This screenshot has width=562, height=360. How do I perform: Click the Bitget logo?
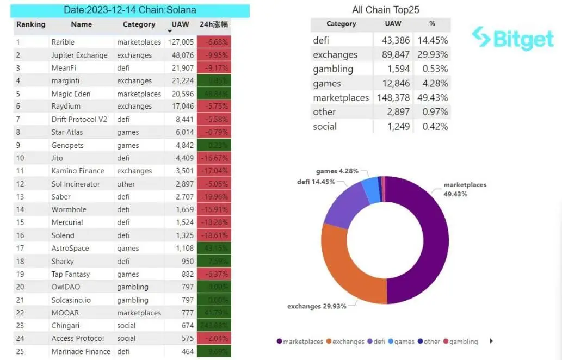512,38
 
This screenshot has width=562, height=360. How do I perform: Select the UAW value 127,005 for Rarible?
181,42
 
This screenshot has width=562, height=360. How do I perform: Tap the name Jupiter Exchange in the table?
79,55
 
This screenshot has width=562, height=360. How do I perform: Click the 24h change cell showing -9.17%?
214,68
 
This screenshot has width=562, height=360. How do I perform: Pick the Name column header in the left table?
82,24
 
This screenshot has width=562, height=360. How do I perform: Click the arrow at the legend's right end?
492,341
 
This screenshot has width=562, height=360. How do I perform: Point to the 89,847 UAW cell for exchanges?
393,54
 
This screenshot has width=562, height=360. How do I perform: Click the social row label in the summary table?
325,127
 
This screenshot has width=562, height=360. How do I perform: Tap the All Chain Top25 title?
385,10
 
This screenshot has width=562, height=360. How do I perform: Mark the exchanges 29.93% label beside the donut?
317,306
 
